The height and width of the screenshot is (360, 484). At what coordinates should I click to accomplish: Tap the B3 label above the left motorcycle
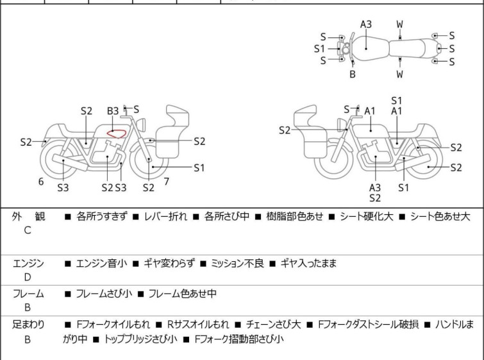(x=113, y=111)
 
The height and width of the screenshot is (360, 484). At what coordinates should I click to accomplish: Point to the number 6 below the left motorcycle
(x=41, y=182)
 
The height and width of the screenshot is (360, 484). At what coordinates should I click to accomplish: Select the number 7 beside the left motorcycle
(x=166, y=182)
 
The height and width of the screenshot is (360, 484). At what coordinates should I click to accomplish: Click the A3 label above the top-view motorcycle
(x=365, y=24)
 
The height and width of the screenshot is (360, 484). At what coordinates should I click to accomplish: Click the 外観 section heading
(x=28, y=217)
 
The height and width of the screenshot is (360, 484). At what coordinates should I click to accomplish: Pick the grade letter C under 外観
(x=28, y=230)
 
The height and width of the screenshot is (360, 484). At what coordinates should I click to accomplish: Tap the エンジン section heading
(x=28, y=263)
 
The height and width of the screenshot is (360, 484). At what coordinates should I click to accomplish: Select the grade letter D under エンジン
(x=28, y=277)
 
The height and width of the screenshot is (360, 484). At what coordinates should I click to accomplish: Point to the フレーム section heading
(x=28, y=294)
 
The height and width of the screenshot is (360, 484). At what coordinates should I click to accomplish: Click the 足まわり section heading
(x=28, y=325)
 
